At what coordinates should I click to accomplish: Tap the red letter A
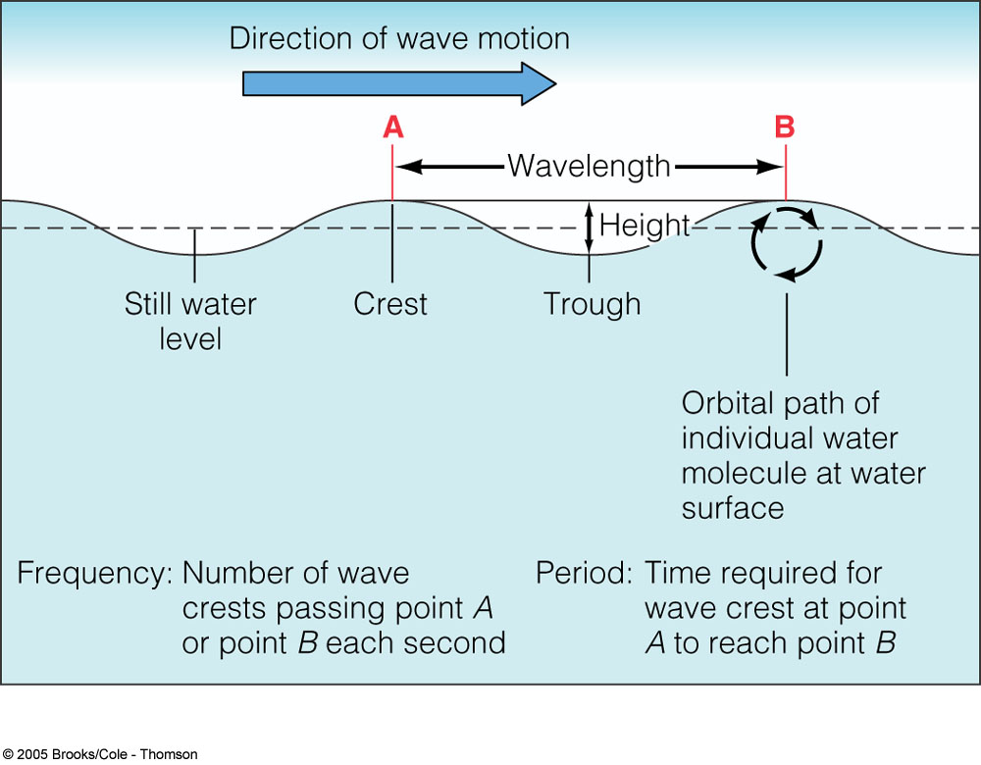tap(392, 127)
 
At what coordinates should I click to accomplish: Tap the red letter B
tap(785, 127)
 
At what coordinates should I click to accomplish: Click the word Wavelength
tap(589, 166)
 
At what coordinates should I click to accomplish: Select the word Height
tap(645, 225)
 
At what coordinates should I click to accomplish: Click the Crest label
tap(390, 304)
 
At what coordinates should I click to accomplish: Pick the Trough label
tap(593, 304)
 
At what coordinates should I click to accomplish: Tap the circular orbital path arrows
tap(785, 242)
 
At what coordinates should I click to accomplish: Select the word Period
tap(585, 573)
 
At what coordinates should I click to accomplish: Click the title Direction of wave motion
tap(399, 38)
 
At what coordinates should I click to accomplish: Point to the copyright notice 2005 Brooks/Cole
tap(99, 754)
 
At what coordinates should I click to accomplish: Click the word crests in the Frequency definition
tap(225, 608)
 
